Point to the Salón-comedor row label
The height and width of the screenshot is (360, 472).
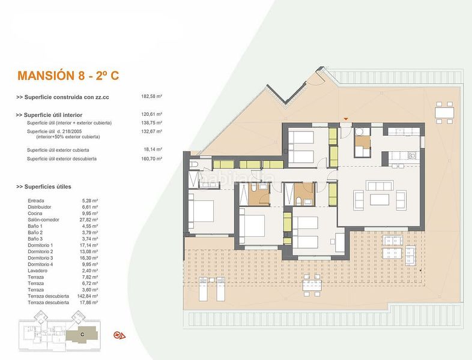click(43, 220)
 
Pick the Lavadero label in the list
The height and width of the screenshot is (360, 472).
click(38, 271)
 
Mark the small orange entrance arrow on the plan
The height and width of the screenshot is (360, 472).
click(345, 118)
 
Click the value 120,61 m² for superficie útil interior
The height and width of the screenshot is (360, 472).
click(152, 114)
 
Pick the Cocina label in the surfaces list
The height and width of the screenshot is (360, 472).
click(36, 214)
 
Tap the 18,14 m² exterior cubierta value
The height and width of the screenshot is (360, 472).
click(152, 149)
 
